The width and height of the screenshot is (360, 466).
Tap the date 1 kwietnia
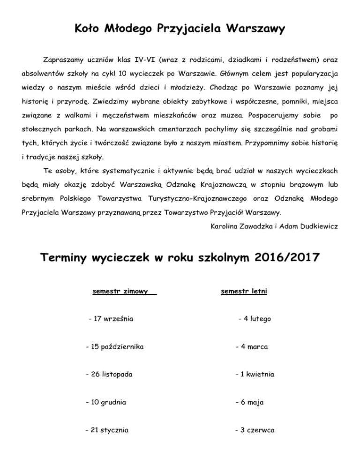pyautogui.click(x=257, y=375)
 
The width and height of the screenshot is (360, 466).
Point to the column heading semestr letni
pyautogui.click(x=244, y=292)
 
